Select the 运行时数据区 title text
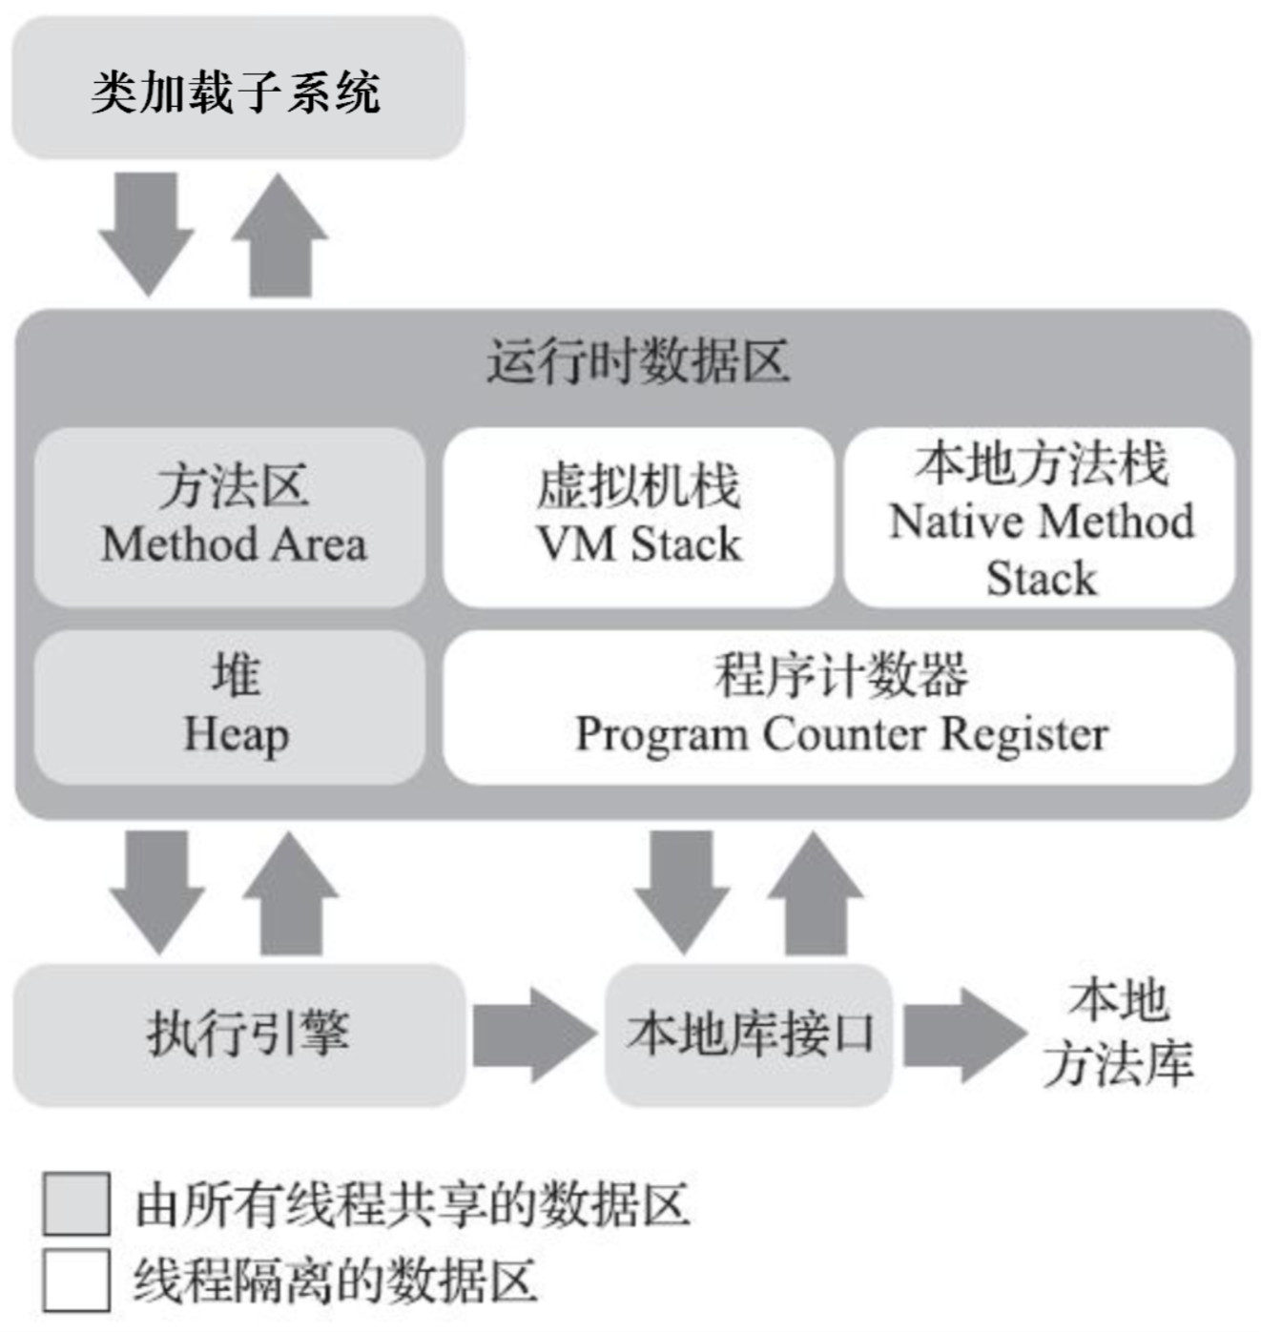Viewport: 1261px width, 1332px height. click(637, 362)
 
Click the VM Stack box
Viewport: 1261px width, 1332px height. click(637, 516)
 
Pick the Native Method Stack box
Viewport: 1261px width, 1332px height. click(1040, 516)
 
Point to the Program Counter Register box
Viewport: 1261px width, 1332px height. click(839, 707)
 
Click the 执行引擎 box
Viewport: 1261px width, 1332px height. click(239, 1035)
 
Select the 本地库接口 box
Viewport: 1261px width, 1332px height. click(750, 1035)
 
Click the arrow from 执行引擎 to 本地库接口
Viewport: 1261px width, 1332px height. click(532, 1035)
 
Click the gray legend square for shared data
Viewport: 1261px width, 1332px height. click(76, 1204)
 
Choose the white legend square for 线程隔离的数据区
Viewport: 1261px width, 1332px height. click(76, 1281)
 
